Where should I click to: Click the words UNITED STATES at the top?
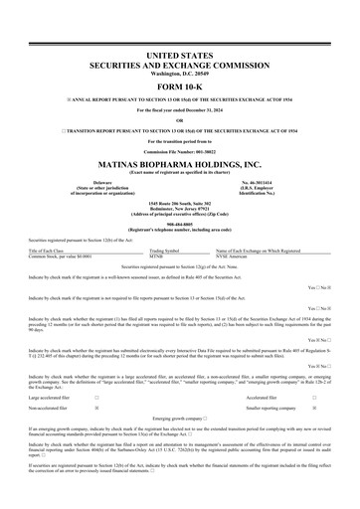click(180, 50)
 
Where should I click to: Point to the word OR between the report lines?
click(180, 119)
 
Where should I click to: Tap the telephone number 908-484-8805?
click(180, 224)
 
